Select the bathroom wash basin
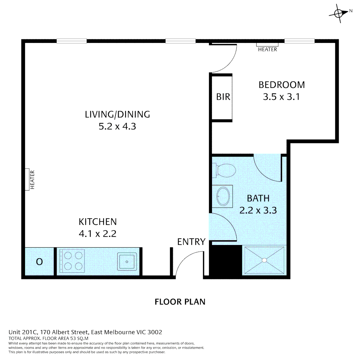click(x=223, y=196)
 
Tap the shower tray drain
click(x=264, y=260)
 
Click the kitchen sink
click(x=127, y=261)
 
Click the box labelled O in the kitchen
click(x=39, y=262)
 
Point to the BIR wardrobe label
click(x=223, y=97)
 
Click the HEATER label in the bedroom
click(x=267, y=49)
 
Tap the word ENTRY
click(x=191, y=242)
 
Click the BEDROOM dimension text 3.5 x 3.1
click(x=282, y=97)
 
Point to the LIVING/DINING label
click(x=117, y=115)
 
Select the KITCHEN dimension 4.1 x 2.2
click(x=97, y=234)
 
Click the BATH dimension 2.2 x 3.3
click(x=258, y=210)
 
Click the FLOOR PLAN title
click(x=180, y=302)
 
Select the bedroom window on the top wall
click(x=299, y=41)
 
